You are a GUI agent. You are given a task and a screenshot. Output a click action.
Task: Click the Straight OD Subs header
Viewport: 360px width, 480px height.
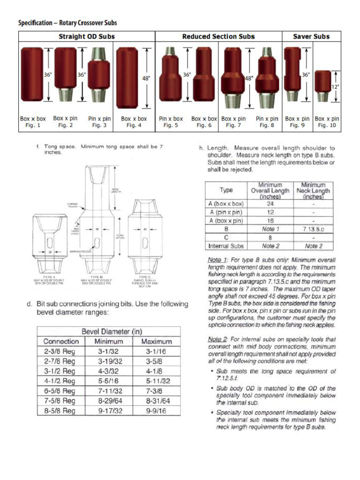click(x=87, y=37)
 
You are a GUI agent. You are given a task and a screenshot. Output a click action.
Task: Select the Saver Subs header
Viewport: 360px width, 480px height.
click(x=311, y=37)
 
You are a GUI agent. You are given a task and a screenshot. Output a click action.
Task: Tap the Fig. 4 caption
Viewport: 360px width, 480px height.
click(x=134, y=126)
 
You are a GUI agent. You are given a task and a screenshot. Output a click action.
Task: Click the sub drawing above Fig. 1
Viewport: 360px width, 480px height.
click(x=32, y=75)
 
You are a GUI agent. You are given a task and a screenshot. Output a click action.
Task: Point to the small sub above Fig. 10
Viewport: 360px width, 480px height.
click(x=323, y=86)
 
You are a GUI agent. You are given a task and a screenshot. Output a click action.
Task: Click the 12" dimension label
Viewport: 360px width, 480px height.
click(x=336, y=87)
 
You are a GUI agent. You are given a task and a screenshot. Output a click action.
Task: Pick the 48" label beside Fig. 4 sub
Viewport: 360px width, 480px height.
click(x=146, y=79)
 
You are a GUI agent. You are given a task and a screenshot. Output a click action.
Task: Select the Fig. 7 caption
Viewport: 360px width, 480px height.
click(x=233, y=126)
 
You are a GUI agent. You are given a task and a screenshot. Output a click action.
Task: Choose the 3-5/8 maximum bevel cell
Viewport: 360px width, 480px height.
click(x=156, y=361)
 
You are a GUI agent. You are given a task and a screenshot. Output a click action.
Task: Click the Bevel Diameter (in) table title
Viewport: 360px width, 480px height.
click(x=112, y=331)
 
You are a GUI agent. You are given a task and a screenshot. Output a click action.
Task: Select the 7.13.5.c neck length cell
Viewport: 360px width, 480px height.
click(x=314, y=229)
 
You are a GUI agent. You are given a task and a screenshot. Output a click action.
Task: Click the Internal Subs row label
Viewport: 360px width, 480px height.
click(x=226, y=246)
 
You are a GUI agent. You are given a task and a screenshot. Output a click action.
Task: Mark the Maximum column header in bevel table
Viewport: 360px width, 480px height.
click(x=156, y=341)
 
